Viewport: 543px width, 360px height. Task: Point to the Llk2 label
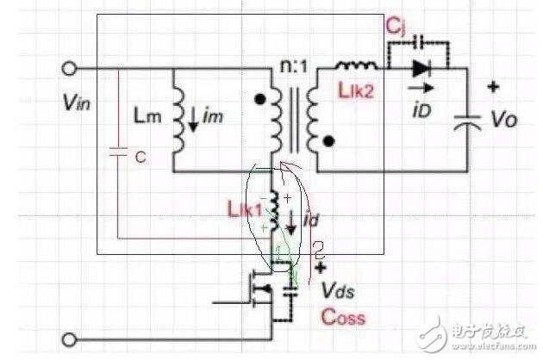354,91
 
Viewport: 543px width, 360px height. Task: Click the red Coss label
344,317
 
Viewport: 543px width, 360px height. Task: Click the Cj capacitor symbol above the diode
420,41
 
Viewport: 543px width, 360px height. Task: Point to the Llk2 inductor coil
355,66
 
